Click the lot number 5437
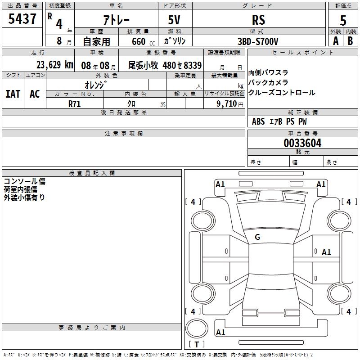[22, 19]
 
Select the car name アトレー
[116, 20]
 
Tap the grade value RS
[258, 20]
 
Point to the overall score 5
[343, 20]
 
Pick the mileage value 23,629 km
[54, 65]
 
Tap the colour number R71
[75, 103]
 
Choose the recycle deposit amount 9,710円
[228, 103]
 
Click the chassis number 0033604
[302, 144]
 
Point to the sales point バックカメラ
[268, 83]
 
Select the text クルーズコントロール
[282, 93]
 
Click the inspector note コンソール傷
[24, 181]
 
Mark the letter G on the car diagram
[257, 237]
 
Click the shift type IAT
[13, 94]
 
